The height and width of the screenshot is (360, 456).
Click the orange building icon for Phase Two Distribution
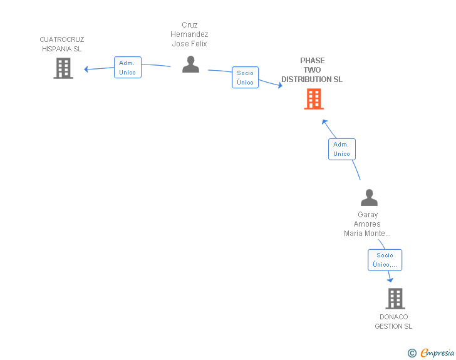314,99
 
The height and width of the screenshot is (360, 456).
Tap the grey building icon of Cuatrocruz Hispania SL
63,68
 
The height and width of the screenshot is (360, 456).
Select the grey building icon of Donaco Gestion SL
395,299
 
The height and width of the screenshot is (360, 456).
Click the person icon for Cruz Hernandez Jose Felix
190,64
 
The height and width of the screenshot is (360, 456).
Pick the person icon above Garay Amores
369,198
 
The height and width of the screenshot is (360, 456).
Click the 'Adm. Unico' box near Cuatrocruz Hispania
128,68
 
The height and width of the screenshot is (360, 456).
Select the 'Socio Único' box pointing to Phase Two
245,78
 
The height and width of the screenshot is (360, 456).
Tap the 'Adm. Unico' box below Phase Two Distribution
341,149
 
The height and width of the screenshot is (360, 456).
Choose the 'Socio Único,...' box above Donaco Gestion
385,260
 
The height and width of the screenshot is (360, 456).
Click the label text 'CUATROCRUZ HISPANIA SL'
61,44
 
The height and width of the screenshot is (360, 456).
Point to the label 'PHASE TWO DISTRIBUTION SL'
312,70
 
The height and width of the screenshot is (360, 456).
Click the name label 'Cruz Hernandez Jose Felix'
190,34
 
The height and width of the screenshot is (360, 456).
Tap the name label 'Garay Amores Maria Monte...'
367,224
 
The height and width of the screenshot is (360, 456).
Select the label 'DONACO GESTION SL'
393,321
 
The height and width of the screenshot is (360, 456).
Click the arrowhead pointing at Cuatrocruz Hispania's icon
87,69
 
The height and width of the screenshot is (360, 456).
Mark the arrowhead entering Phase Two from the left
279,85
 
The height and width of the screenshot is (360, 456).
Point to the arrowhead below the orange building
324,121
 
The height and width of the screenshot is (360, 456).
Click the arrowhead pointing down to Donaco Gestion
390,280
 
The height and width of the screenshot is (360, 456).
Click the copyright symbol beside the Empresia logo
412,353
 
